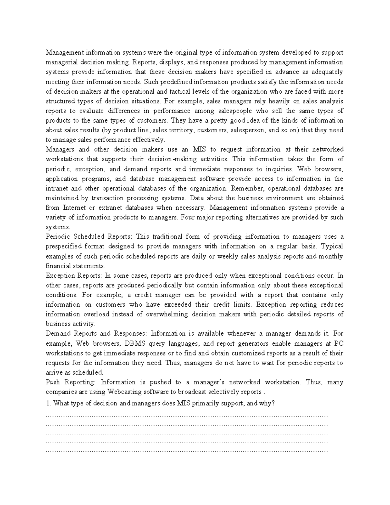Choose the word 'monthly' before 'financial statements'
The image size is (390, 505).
click(331, 256)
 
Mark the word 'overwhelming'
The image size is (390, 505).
click(166, 314)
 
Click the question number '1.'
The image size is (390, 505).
click(48, 404)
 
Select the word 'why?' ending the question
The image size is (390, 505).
click(267, 404)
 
